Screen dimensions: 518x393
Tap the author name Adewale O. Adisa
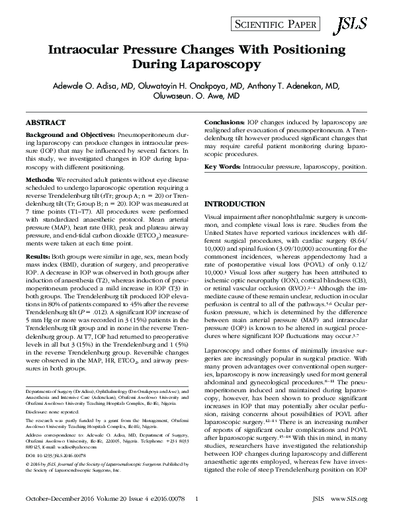(83, 86)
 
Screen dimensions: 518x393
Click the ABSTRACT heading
(45, 123)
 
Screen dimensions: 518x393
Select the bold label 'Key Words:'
(223, 168)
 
